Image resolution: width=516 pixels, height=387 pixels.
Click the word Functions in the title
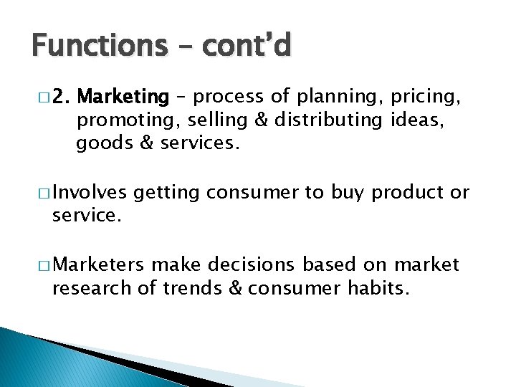click(x=98, y=45)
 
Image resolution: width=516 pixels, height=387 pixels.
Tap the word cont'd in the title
click(x=247, y=45)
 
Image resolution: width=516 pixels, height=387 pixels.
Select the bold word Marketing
click(x=123, y=96)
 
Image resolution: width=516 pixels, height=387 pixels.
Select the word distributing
click(x=335, y=120)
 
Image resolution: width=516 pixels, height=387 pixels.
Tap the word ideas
click(x=419, y=120)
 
